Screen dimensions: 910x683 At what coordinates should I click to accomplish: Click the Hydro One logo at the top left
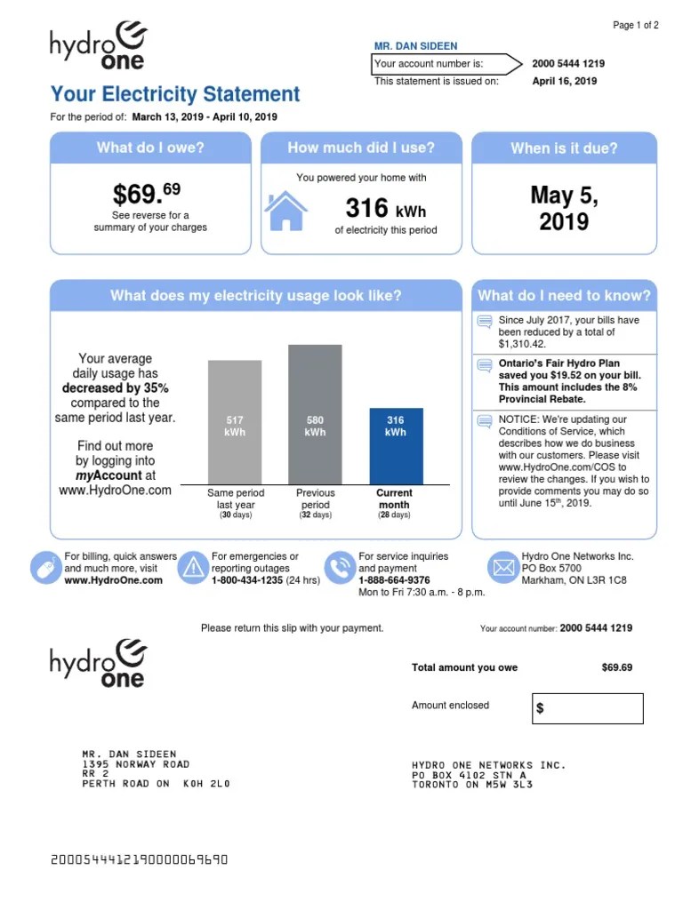(98, 46)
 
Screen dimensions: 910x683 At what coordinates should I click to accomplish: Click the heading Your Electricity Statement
(175, 94)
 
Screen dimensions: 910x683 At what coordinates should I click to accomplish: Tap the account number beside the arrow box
(568, 64)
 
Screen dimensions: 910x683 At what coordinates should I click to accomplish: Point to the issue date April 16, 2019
(564, 81)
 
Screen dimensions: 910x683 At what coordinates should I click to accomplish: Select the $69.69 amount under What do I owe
(147, 193)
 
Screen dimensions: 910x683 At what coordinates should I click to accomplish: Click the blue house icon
(286, 211)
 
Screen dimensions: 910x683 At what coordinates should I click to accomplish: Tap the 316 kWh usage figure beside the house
(385, 209)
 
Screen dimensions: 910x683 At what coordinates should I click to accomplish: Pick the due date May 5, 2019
(564, 208)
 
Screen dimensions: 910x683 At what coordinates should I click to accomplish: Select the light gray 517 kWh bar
(235, 421)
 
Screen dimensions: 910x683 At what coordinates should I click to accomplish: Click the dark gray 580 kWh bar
(315, 414)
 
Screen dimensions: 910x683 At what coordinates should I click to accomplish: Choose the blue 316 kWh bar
(396, 445)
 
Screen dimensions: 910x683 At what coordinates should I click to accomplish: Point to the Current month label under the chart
(394, 499)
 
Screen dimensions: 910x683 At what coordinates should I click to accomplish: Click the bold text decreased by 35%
(115, 388)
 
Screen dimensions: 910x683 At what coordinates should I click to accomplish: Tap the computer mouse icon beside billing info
(44, 567)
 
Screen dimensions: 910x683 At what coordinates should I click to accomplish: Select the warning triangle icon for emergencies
(192, 567)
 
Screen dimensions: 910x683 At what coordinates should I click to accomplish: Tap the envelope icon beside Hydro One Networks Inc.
(503, 566)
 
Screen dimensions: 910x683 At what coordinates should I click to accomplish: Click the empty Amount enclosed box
(587, 708)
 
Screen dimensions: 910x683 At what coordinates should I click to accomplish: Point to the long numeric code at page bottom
(140, 859)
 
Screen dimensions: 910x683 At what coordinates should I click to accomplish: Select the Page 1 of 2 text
(635, 26)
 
